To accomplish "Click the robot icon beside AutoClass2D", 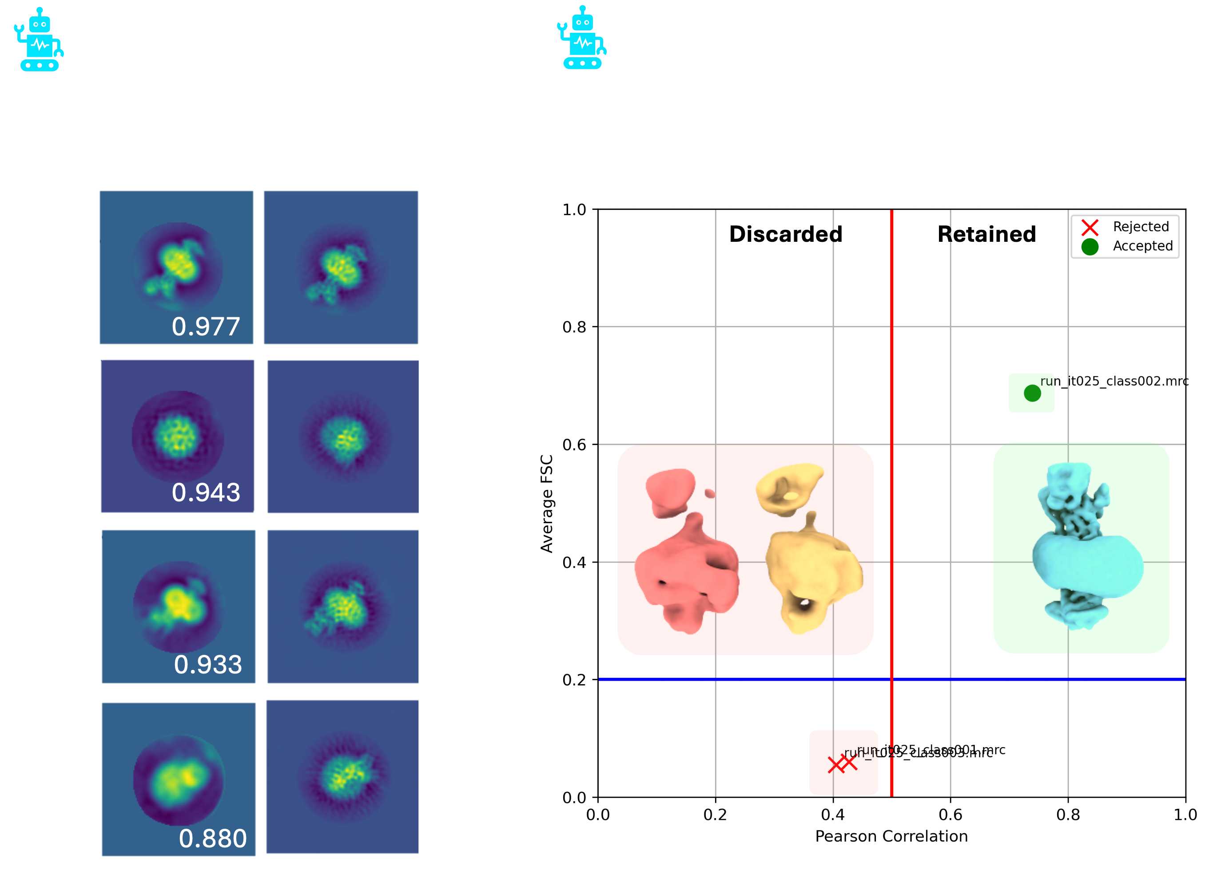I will pos(38,40).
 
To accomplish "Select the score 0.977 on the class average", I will pos(206,327).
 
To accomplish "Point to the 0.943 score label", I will pos(206,492).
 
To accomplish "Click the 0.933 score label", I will pos(208,665).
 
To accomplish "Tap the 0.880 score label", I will pos(213,839).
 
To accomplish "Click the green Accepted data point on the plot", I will pos(1032,394).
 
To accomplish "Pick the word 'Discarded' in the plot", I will pos(786,234).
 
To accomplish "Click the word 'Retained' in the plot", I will pos(987,234).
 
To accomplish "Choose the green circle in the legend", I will pos(1090,247).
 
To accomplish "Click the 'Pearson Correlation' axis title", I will pos(891,836).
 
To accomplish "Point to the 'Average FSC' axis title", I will pos(547,503).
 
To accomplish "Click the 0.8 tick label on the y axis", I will pos(574,327).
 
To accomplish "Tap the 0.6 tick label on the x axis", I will pos(950,815).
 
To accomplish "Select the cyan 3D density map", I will pos(1082,549).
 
